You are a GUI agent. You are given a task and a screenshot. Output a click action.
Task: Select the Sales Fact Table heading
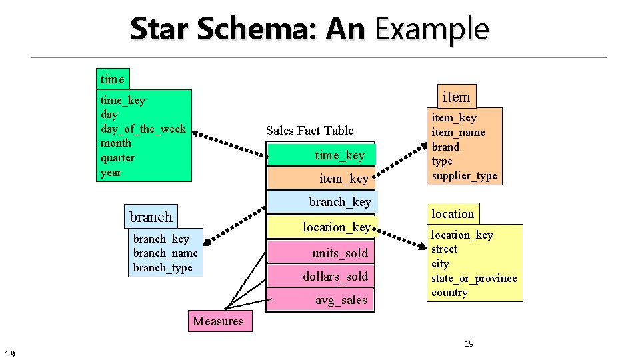(309, 131)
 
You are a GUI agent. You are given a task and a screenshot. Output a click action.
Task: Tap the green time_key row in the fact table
(321, 155)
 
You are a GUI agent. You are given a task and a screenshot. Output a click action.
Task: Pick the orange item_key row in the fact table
(321, 178)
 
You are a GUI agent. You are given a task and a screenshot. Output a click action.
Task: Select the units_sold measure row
(321, 253)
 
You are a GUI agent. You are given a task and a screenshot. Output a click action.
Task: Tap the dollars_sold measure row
(321, 277)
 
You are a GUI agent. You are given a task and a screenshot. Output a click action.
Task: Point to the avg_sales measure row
(321, 300)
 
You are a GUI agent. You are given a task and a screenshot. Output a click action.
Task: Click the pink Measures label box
(218, 321)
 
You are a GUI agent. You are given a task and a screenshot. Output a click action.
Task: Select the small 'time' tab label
(112, 79)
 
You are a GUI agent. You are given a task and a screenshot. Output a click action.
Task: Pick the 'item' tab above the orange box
(456, 97)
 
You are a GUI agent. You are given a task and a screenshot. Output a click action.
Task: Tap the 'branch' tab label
(151, 217)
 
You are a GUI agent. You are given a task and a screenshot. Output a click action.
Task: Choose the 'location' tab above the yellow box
(453, 214)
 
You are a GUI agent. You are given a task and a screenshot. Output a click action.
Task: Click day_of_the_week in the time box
(143, 129)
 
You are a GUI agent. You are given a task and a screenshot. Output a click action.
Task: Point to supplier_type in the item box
(464, 176)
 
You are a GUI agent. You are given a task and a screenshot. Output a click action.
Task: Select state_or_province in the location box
(474, 278)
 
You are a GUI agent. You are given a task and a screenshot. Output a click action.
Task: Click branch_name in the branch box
(165, 253)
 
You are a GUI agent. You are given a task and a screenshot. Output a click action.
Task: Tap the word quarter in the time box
(117, 158)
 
